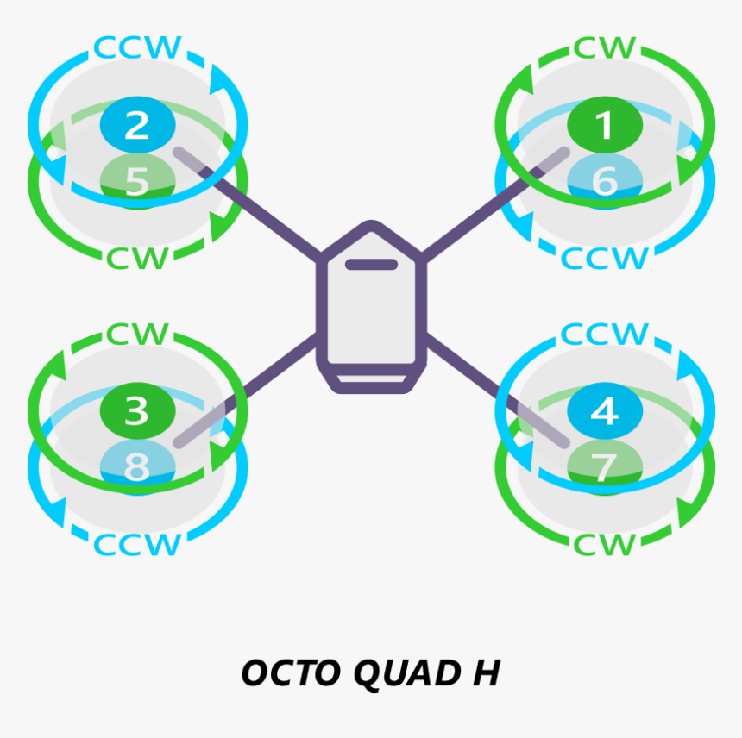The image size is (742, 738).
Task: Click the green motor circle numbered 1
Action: [x=604, y=125]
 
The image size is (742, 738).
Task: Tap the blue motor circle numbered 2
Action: [x=137, y=125]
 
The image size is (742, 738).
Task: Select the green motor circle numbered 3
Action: [x=137, y=410]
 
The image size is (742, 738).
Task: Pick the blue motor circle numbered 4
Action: [x=604, y=410]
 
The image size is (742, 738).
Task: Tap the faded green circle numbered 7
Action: [x=604, y=467]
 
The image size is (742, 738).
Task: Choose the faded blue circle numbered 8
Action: [x=137, y=467]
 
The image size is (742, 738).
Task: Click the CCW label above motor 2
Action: [x=137, y=48]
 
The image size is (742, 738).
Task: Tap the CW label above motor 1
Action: [x=604, y=48]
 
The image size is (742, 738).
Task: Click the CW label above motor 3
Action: [x=137, y=335]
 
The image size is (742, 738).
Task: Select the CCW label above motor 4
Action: [x=604, y=335]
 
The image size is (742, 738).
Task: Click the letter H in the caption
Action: [x=486, y=673]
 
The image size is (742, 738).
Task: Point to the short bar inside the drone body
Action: [x=371, y=265]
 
